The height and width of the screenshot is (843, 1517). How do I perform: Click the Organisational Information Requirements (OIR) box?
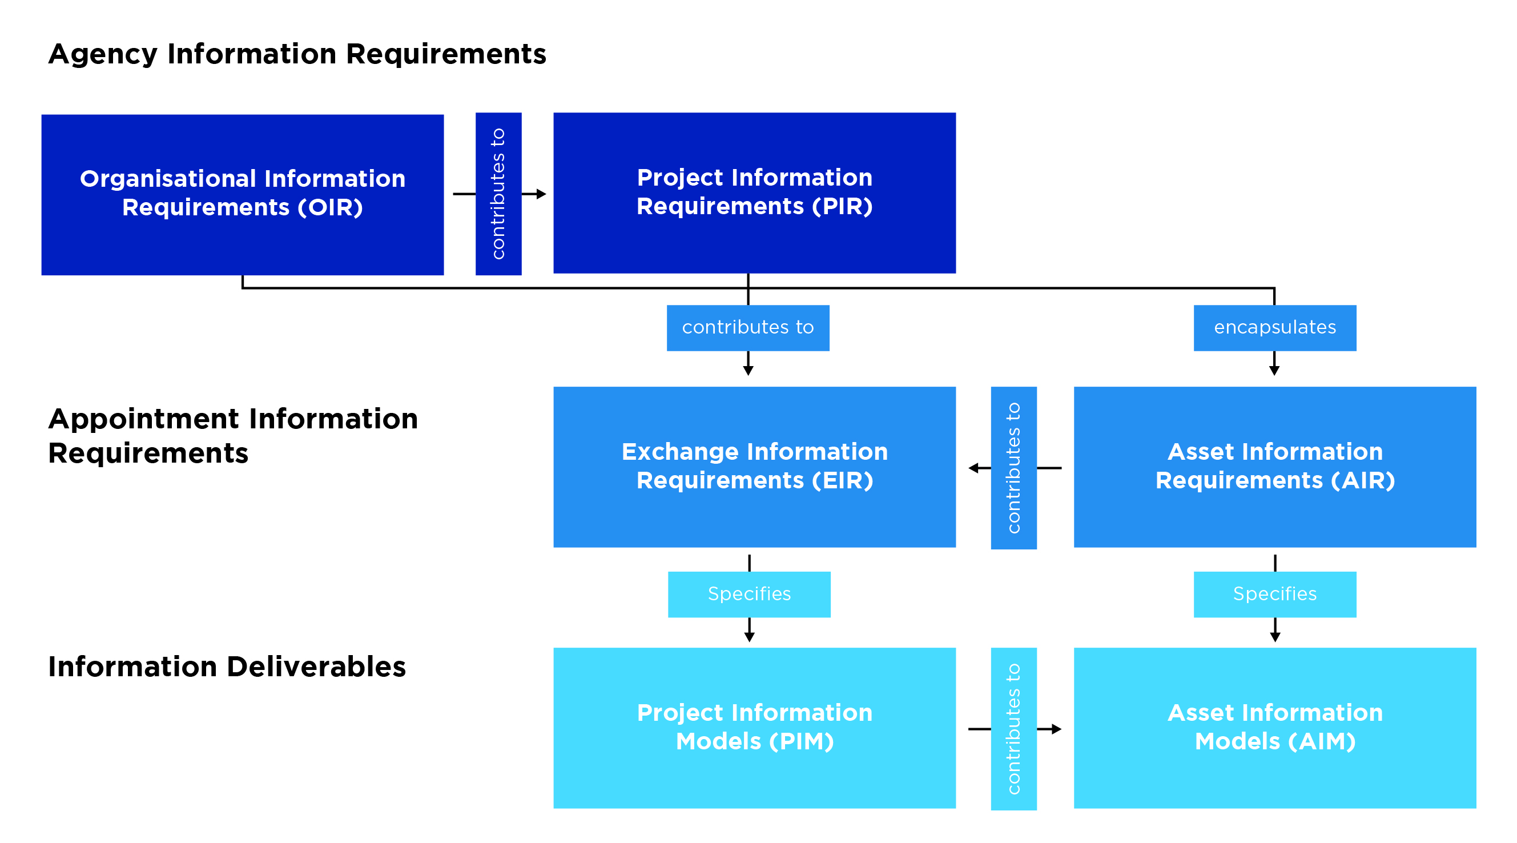pos(242,194)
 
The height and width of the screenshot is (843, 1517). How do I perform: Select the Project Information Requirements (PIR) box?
pos(754,192)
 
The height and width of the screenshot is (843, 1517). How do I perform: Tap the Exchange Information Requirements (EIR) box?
pos(754,467)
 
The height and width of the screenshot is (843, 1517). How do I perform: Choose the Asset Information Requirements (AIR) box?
pos(1274,467)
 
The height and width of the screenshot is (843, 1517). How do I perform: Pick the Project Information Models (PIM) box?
pos(754,728)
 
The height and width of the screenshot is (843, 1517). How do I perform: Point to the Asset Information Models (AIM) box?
pos(1274,728)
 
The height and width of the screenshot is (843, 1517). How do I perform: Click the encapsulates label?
pos(1274,327)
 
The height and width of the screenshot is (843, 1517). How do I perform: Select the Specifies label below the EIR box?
pos(749,594)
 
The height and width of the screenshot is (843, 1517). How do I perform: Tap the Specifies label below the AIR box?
pos(1274,594)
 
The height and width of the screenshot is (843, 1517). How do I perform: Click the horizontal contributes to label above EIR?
pos(747,327)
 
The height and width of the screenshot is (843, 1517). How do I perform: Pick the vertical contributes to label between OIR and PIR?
pos(498,194)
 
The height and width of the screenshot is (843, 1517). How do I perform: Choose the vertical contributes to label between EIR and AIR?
pos(1013,468)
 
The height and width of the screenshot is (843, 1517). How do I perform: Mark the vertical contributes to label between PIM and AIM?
pos(1013,729)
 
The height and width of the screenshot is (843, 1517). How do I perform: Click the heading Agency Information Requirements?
pos(297,54)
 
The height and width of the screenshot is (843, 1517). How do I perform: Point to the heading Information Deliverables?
pos(227,667)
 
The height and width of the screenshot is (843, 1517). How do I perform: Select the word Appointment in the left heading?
pos(145,419)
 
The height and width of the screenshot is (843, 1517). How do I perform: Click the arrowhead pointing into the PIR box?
pos(541,194)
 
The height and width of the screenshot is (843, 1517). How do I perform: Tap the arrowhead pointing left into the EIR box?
pos(973,468)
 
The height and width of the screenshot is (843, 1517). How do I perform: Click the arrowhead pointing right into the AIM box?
pos(1056,729)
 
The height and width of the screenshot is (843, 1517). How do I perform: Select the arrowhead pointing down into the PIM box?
pos(749,637)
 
